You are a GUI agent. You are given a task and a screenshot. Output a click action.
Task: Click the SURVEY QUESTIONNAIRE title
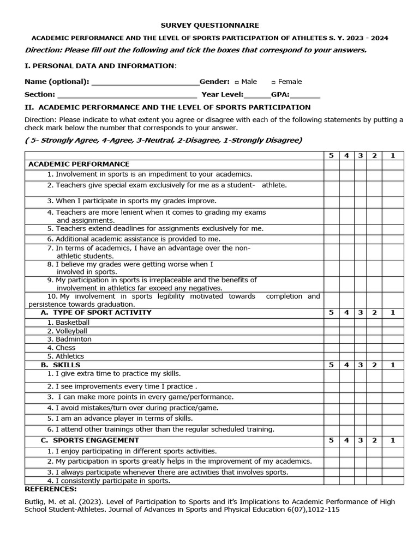coord(209,25)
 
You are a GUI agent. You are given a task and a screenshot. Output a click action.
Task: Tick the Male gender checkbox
coord(237,82)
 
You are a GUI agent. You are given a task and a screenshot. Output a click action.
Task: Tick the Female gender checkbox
coord(273,82)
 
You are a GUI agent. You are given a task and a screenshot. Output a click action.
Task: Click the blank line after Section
coord(119,95)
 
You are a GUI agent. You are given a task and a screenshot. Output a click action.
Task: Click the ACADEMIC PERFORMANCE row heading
coord(79,164)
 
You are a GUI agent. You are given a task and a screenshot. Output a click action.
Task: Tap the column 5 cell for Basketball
coord(331,323)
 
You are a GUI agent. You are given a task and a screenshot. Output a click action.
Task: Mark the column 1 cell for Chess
coord(392,348)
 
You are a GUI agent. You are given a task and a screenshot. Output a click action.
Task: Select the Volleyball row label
coord(71,331)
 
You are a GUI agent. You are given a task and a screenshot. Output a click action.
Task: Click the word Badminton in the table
coord(74,339)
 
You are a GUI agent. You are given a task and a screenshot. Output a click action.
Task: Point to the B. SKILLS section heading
coord(61,365)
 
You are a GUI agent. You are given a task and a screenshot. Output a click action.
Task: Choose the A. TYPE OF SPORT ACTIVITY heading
coord(96,313)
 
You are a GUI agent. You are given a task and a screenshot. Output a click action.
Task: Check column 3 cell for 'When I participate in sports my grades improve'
coord(361,201)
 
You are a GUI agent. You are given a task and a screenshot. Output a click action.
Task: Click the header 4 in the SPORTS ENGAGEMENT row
coord(346,440)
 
